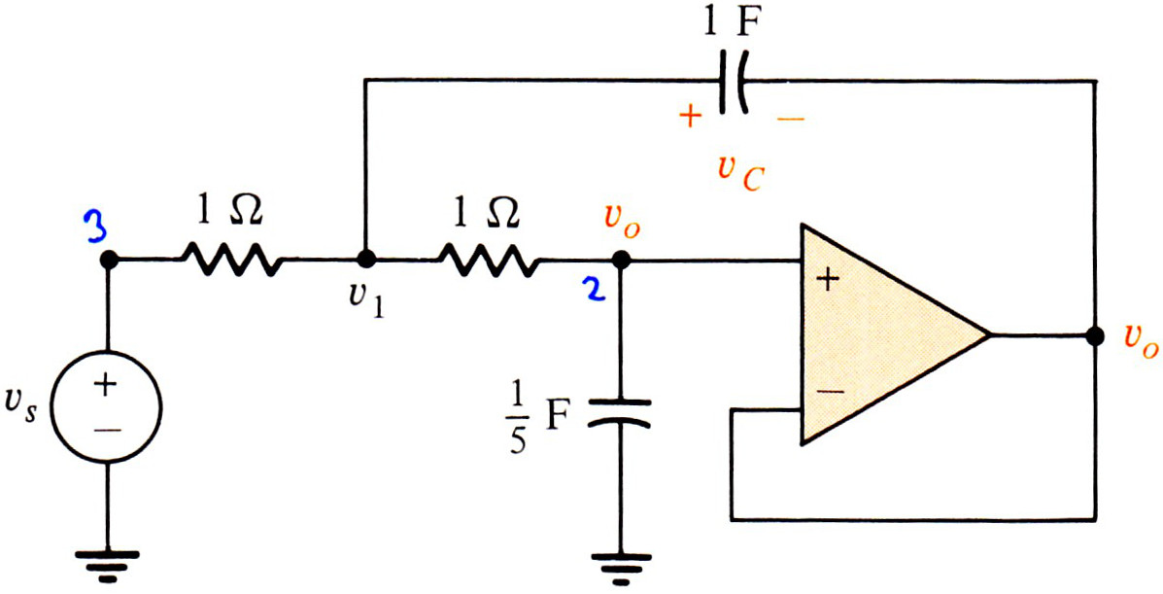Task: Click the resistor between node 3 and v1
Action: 230,260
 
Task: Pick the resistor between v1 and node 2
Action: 489,260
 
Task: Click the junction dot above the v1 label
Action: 364,260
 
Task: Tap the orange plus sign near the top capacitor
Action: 690,117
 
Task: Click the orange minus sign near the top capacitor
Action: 791,119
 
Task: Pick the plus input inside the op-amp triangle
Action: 828,280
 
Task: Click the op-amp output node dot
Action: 1094,335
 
